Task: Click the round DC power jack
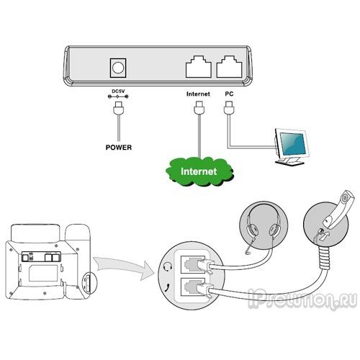(x=118, y=68)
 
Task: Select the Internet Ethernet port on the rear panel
(x=199, y=67)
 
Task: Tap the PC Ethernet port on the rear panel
(x=229, y=67)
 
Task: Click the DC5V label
(x=118, y=91)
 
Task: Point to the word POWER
(x=119, y=147)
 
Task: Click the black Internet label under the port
(x=198, y=94)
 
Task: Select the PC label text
(x=229, y=94)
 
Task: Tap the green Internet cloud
(x=199, y=171)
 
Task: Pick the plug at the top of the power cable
(x=118, y=108)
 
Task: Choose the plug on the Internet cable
(x=199, y=107)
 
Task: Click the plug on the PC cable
(x=229, y=107)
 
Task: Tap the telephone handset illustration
(x=339, y=208)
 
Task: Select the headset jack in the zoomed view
(x=193, y=264)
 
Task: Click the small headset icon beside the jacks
(x=167, y=266)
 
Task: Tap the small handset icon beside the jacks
(x=167, y=287)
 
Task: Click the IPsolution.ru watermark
(x=302, y=298)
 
